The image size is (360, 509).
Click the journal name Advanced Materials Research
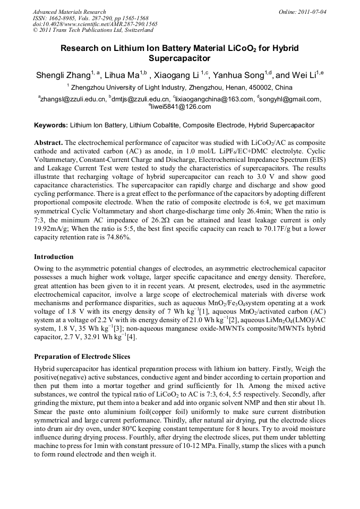pos(69,12)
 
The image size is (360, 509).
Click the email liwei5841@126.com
pos(181,107)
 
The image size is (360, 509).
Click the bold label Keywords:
pos(51,126)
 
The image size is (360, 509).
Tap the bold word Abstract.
pos(48,144)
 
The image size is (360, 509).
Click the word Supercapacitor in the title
pos(180,58)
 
